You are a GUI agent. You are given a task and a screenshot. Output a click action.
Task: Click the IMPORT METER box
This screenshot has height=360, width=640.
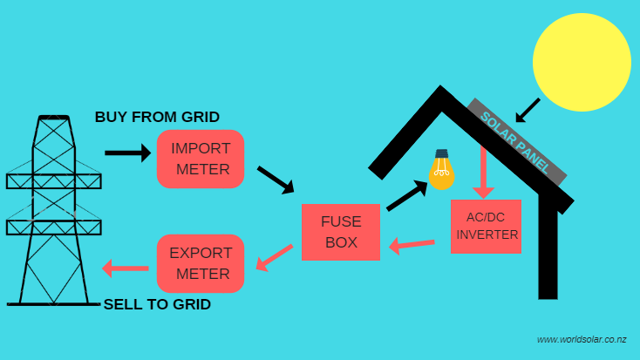coord(201,159)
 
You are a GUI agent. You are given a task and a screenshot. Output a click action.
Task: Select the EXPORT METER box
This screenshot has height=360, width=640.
coord(201,263)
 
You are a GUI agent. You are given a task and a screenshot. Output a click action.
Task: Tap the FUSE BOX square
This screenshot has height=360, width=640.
coord(341,232)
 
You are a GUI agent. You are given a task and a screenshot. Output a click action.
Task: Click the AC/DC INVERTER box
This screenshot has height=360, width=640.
coord(486,227)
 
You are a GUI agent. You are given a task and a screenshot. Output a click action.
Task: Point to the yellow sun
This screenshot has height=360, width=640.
coord(581,63)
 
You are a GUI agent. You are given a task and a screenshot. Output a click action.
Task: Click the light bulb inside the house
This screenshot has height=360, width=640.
coord(442,172)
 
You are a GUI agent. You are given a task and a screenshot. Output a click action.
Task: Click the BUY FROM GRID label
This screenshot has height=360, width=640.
coord(157,117)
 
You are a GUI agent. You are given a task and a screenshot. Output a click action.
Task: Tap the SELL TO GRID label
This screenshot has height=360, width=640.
coord(157,305)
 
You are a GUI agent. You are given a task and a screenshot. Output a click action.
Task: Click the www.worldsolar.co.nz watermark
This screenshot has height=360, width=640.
coord(582,339)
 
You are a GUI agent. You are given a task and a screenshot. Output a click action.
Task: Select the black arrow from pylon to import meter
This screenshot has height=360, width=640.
coord(127,153)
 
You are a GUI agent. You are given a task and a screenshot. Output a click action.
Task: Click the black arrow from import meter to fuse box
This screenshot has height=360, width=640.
coord(276,179)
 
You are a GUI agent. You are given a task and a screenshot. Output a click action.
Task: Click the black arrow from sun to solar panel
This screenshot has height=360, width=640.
coord(528,110)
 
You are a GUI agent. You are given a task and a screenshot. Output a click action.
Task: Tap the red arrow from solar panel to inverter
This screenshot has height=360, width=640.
coord(483,172)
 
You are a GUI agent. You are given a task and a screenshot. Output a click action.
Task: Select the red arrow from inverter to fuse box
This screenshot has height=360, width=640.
coord(411,245)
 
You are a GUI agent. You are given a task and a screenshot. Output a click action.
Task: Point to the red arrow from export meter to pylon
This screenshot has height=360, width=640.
coord(125,267)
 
